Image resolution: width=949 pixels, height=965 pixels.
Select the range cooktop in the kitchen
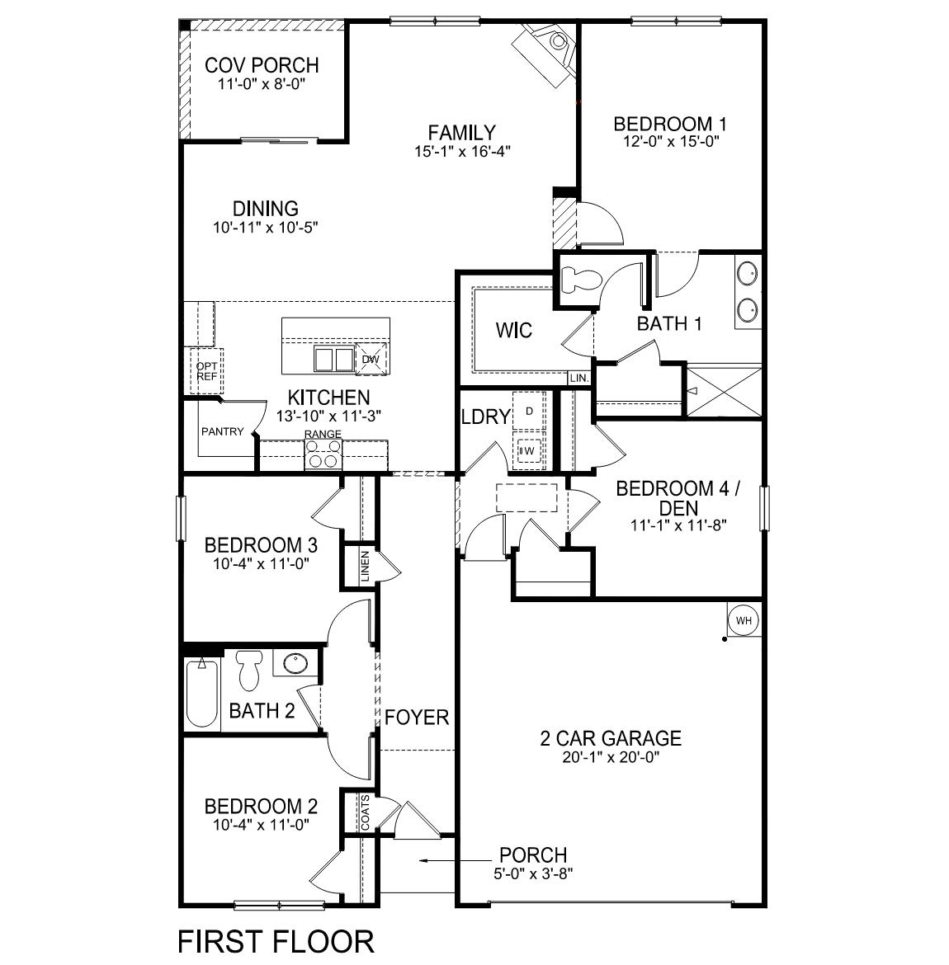[323, 453]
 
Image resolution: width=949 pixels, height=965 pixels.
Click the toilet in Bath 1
[578, 280]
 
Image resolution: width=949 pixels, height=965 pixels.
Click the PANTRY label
[222, 431]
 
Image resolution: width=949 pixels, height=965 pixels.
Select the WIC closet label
[514, 331]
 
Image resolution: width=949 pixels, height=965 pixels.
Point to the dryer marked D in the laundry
[529, 411]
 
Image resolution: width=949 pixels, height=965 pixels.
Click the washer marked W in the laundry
[529, 451]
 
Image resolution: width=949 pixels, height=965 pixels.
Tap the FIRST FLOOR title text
[276, 940]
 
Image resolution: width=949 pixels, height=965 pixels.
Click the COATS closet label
[365, 813]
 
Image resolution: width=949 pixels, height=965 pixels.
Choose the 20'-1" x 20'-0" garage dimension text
[611, 756]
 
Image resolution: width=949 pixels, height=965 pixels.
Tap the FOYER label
[417, 717]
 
